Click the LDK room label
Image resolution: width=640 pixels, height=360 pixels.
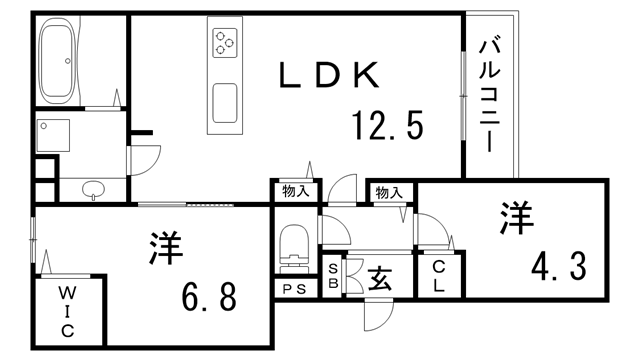tap(329, 74)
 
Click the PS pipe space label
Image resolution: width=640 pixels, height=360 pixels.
tap(293, 290)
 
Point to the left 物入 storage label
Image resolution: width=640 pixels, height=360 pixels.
tap(294, 190)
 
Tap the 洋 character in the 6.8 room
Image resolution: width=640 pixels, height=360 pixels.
tap(167, 249)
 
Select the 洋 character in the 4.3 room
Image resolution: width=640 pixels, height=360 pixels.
tap(516, 218)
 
